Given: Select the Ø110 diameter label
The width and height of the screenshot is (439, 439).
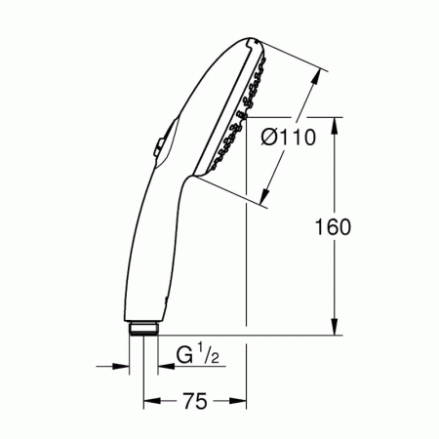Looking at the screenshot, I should point(289,140).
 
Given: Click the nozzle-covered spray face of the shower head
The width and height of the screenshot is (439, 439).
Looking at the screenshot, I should point(233,117).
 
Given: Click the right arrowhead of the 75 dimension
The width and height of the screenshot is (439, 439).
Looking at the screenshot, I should point(237,400).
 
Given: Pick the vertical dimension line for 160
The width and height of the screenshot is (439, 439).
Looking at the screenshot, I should point(335,283).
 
